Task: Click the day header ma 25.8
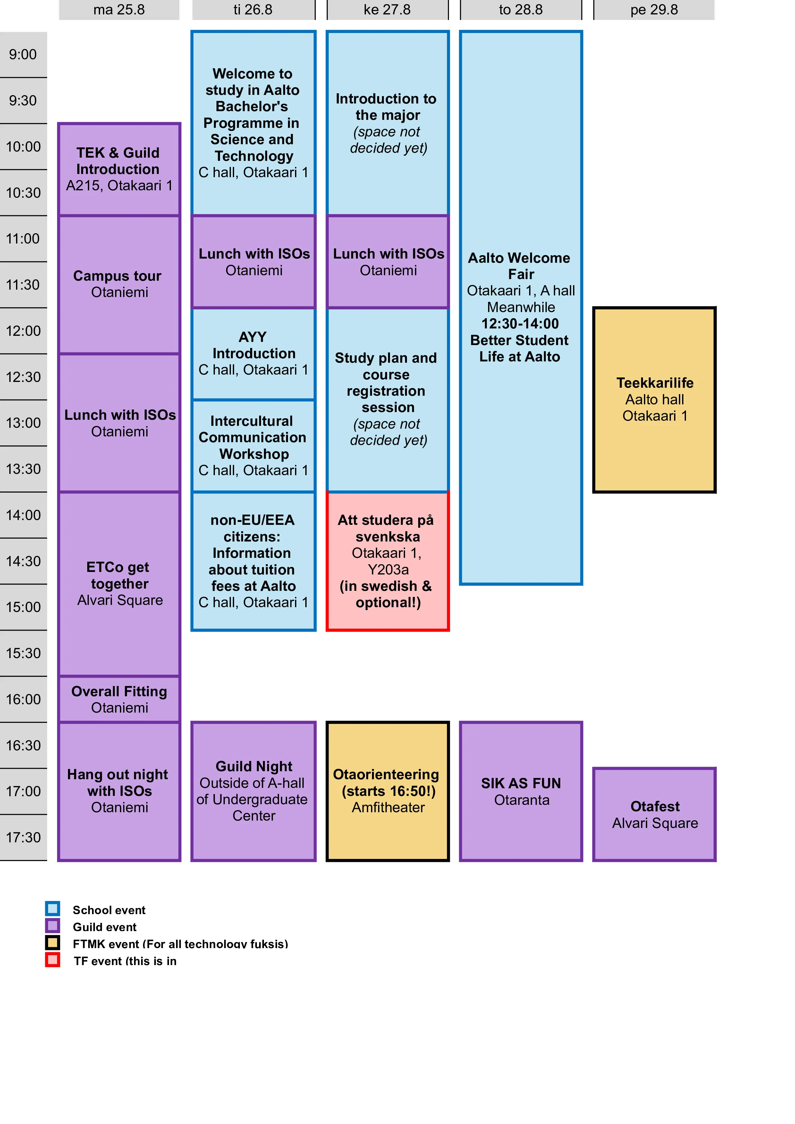coord(119,10)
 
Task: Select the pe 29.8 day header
coord(654,10)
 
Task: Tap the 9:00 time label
coord(23,54)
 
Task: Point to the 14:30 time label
coord(23,561)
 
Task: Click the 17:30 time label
coord(23,838)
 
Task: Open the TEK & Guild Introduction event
coord(119,169)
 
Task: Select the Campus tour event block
coord(119,284)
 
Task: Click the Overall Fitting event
coord(119,699)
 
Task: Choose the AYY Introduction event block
coord(253,353)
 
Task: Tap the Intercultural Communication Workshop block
coord(253,445)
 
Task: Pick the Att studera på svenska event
coord(387,561)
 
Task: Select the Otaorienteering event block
coord(387,791)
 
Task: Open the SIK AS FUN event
coord(521,791)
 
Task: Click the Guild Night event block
coord(253,791)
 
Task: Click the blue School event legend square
coord(52,909)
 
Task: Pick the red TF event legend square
coord(52,960)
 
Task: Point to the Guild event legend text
coord(104,927)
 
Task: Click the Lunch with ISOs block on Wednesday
coord(387,261)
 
